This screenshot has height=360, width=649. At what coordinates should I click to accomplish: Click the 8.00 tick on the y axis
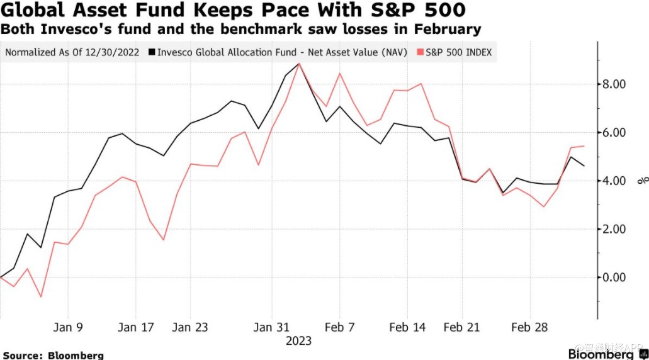pos(615,84)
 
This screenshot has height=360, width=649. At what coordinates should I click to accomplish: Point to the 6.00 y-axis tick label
pos(615,133)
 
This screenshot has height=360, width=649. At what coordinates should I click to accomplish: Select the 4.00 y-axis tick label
pos(615,181)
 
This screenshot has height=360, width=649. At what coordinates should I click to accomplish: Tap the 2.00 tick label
pos(615,229)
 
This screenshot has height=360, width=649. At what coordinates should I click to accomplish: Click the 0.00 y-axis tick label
pos(615,278)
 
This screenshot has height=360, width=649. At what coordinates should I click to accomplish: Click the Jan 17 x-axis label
pos(136,327)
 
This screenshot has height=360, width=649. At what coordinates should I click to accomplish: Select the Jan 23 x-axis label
pos(190,327)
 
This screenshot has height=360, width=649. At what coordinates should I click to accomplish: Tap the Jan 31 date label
pos(271,327)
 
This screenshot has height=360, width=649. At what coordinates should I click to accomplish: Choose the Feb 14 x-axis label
pos(408,327)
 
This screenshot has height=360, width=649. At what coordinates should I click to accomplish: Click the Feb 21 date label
pos(462,327)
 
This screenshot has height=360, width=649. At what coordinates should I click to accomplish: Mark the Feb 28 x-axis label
pos(529,327)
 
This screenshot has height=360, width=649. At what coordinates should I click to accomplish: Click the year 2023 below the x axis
pos(298,341)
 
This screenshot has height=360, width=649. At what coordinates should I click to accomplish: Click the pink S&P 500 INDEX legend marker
pos(420,52)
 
